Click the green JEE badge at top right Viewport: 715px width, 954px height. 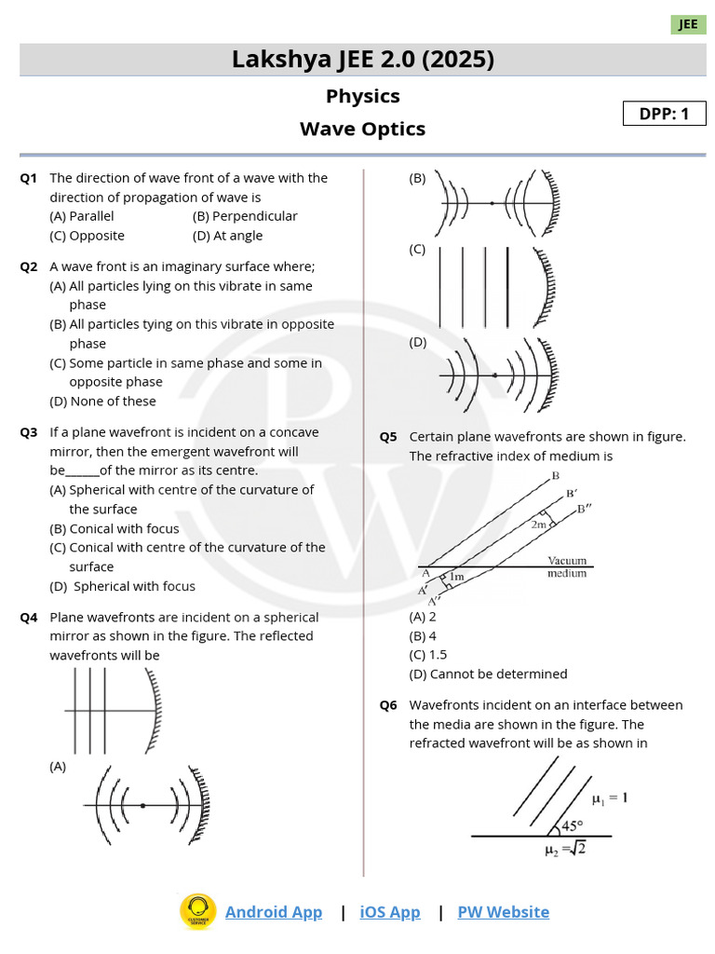688,24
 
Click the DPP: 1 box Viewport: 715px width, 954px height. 665,114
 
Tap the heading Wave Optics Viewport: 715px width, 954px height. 362,129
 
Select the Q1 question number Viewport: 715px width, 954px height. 29,178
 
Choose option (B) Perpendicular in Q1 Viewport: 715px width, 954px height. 245,216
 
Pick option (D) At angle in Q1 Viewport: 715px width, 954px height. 227,236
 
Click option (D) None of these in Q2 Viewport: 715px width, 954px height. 102,402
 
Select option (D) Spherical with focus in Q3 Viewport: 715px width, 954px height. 123,586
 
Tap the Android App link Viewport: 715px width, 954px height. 274,912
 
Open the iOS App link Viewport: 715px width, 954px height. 390,912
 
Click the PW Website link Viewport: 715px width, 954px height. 503,912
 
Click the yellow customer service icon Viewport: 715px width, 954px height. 197,912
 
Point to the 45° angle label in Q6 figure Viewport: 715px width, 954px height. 572,825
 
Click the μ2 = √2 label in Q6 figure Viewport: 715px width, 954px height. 564,848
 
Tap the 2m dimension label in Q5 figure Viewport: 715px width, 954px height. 539,525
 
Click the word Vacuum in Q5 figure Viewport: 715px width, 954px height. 567,561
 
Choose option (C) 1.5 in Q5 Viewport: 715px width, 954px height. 428,655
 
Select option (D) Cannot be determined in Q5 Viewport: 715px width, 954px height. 488,674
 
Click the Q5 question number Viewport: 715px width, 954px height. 388,437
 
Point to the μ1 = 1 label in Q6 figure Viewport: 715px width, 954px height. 610,797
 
